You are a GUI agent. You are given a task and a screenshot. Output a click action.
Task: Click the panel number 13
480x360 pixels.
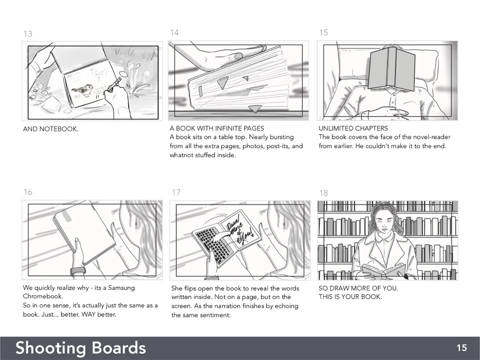pyautogui.click(x=28, y=33)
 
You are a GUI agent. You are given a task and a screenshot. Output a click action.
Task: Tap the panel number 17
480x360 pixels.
pyautogui.click(x=176, y=192)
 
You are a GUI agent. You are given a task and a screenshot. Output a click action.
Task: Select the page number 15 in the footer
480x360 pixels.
pyautogui.click(x=462, y=348)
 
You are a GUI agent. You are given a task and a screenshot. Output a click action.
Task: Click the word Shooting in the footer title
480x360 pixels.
pyautogui.click(x=51, y=348)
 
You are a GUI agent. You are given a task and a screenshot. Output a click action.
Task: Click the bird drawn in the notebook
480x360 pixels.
pyautogui.click(x=82, y=90)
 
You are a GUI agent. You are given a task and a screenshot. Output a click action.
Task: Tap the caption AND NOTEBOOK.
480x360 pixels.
pyautogui.click(x=51, y=129)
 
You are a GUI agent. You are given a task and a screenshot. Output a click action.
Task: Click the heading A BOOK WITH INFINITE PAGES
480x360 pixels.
pyautogui.click(x=217, y=128)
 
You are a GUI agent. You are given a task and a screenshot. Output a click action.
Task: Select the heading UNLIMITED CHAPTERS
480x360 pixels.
pyautogui.click(x=353, y=128)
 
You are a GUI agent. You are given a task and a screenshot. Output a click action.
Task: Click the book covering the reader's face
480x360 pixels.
pyautogui.click(x=391, y=69)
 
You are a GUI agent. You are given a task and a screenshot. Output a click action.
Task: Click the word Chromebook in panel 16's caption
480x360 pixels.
pyautogui.click(x=43, y=296)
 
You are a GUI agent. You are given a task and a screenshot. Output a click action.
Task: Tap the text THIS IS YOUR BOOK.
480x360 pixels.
pyautogui.click(x=350, y=297)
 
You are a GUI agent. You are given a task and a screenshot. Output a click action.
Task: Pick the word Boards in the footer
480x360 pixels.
pyautogui.click(x=119, y=348)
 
